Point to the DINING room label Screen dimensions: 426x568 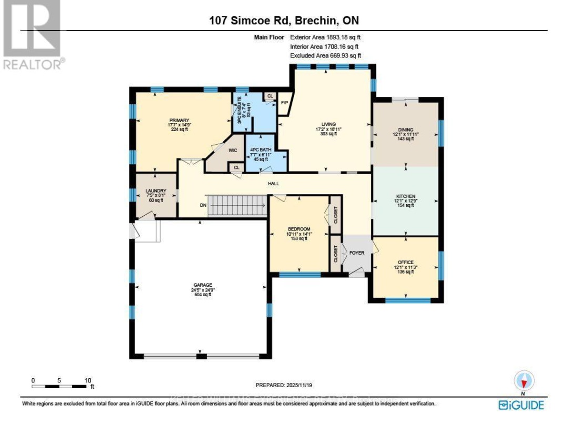click(405, 129)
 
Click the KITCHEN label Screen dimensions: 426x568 click(405, 196)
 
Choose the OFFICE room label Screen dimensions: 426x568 click(405, 262)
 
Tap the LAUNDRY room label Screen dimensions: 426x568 click(156, 191)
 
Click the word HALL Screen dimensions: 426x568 click(272, 184)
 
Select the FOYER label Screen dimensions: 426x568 click(357, 253)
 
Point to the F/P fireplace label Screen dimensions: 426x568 click(285, 102)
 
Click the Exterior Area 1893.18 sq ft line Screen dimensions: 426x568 click(325, 37)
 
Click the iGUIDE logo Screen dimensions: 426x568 click(521, 404)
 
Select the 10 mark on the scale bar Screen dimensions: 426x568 click(88, 380)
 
